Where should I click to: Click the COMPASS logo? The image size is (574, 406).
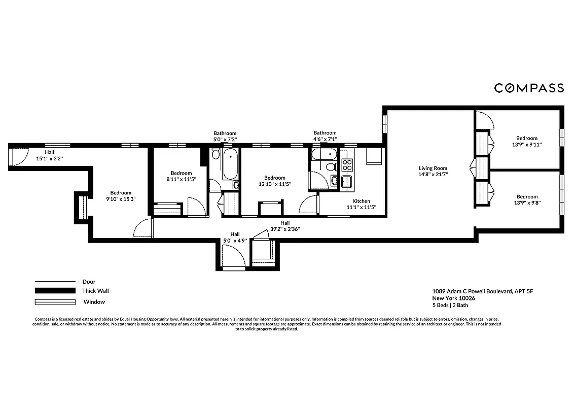[529, 88]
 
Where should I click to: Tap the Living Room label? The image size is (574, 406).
[433, 168]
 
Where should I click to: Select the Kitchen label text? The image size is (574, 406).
[361, 201]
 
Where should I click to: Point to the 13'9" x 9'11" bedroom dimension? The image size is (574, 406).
[527, 145]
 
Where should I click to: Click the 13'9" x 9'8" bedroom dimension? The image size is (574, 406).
[527, 203]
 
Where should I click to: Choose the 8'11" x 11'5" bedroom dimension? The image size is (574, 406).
[181, 179]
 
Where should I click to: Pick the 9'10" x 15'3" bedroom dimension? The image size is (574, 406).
[121, 199]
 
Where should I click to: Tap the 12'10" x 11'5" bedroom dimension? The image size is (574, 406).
[274, 184]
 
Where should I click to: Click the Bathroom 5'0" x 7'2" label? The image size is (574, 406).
[225, 136]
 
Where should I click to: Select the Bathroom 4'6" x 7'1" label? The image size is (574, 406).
[325, 136]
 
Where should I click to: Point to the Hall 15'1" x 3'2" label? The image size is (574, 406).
[49, 155]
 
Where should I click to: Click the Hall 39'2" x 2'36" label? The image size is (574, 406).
[285, 226]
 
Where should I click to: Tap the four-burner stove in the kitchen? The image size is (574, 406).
[347, 164]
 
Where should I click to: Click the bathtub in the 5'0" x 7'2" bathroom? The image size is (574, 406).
[230, 163]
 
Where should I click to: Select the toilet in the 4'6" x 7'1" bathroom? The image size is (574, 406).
[330, 166]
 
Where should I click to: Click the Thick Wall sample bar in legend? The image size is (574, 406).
[54, 291]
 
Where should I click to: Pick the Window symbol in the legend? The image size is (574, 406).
[54, 302]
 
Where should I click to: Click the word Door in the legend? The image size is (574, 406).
[89, 282]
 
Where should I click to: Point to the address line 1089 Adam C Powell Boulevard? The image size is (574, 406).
[483, 291]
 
